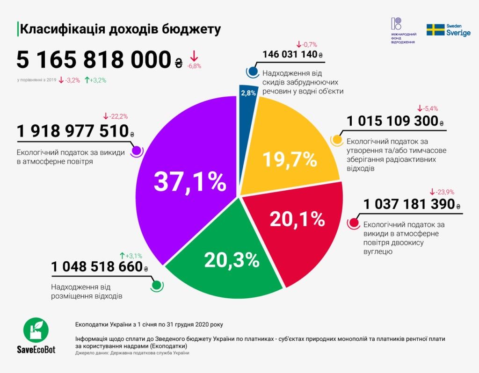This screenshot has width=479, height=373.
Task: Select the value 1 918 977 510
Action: coord(73,131)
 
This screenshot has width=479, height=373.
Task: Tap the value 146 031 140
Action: coord(290,54)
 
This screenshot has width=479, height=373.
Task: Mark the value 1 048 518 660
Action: coord(97,266)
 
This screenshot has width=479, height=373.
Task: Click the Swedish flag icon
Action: coord(435,30)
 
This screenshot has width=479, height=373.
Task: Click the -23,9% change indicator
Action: coord(442,192)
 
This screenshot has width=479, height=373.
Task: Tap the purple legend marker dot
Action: coord(136,151)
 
